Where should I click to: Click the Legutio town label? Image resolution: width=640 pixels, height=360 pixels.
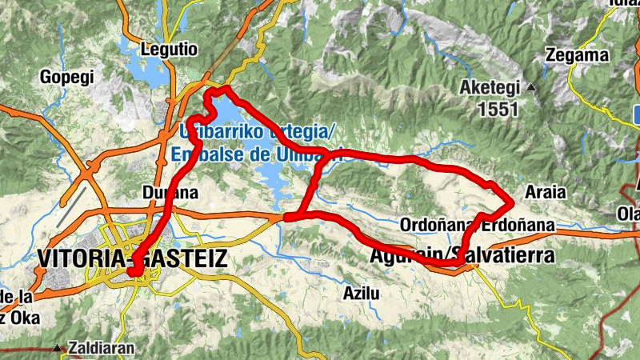(168, 49)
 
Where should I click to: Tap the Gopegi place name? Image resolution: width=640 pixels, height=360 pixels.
(67, 78)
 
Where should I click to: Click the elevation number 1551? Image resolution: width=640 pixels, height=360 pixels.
(498, 110)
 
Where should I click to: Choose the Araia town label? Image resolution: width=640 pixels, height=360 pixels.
(544, 192)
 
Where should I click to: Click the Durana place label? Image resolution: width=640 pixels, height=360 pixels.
(163, 193)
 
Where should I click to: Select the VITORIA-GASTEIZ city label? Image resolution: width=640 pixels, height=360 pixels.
(132, 258)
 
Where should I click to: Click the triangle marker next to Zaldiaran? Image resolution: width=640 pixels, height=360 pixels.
(58, 349)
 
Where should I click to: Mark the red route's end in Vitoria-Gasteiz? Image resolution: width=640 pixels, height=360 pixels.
(133, 273)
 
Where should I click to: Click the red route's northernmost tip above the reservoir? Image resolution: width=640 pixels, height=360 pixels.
(227, 88)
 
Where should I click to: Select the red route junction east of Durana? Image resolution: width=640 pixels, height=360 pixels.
(287, 216)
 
